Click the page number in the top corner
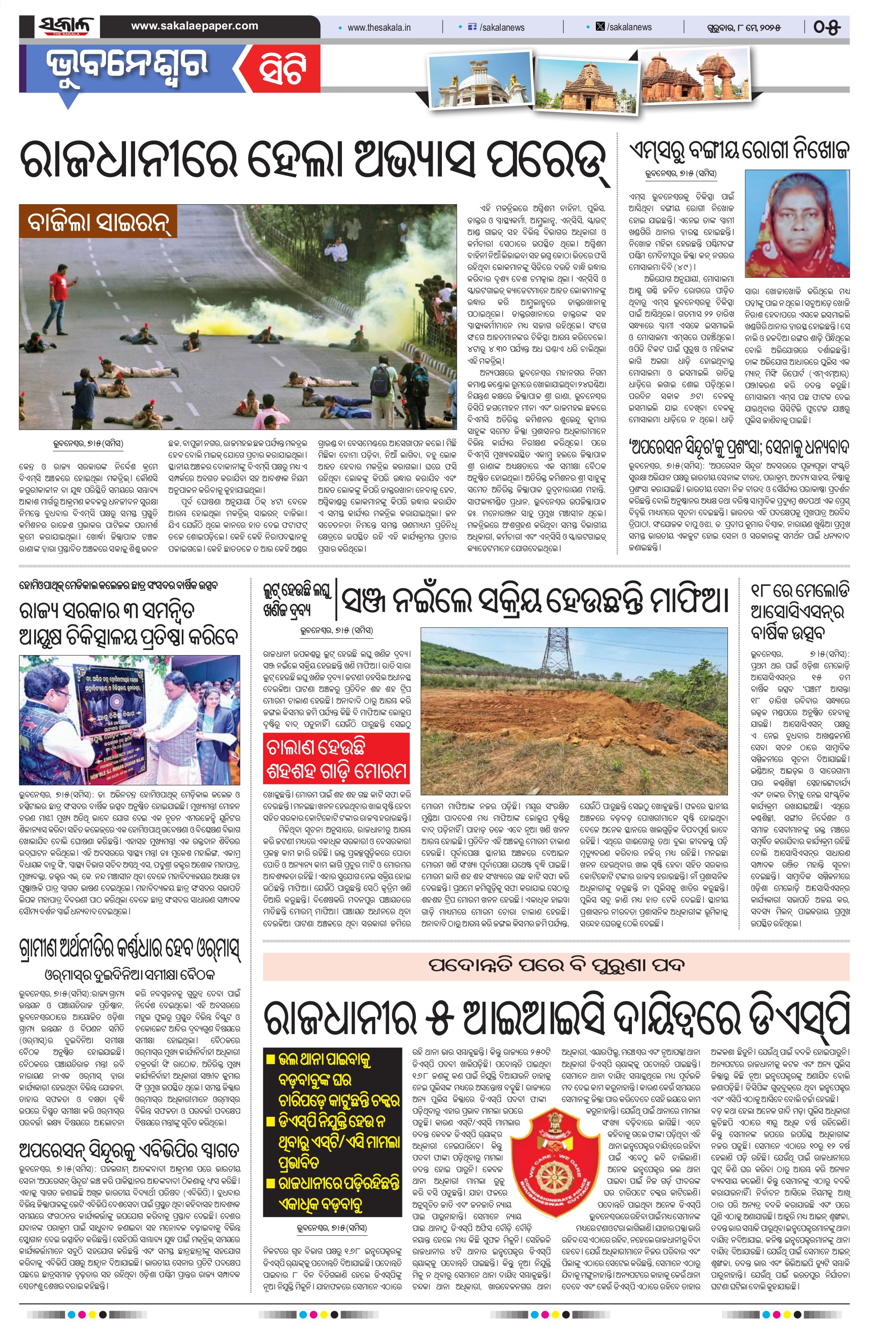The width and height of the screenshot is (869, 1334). pos(827,27)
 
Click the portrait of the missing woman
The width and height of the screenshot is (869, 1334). pos(797,224)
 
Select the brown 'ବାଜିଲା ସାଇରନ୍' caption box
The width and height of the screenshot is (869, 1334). pos(98,222)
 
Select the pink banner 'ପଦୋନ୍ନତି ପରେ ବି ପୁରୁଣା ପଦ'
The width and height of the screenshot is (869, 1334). pos(556,966)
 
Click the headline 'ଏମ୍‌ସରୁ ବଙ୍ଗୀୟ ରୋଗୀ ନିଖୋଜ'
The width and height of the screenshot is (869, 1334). pos(738,150)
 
